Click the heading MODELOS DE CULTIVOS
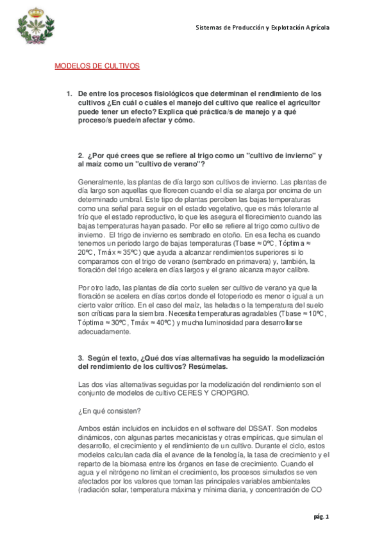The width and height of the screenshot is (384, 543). tap(97, 66)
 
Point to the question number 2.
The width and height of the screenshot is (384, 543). tap(81, 156)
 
